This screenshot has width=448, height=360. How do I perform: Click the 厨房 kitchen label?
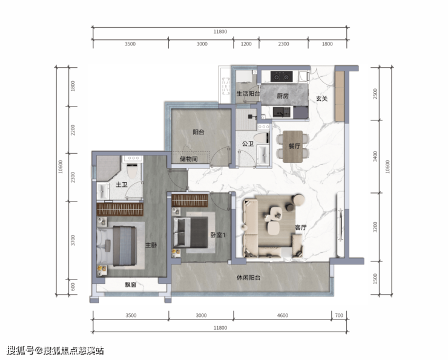pyautogui.click(x=283, y=96)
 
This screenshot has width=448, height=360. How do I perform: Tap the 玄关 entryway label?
pyautogui.click(x=321, y=99)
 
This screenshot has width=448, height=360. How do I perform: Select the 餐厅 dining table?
pyautogui.click(x=292, y=146)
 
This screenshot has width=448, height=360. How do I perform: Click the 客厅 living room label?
pyautogui.click(x=301, y=227)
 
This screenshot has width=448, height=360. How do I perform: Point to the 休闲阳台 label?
pyautogui.click(x=249, y=278)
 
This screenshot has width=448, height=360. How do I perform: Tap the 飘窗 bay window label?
pyautogui.click(x=131, y=284)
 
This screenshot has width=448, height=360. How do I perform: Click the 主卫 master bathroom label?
pyautogui.click(x=122, y=185)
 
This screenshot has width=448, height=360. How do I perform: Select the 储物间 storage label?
pyautogui.click(x=188, y=159)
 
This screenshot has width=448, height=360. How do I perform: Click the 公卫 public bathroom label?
pyautogui.click(x=248, y=143)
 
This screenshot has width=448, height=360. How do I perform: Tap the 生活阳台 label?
pyautogui.click(x=248, y=93)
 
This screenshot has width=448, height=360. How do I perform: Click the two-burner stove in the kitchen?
pyautogui.click(x=282, y=76)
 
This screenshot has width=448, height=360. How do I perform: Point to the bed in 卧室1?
pyautogui.click(x=191, y=232)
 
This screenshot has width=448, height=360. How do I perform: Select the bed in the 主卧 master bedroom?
pyautogui.click(x=117, y=246)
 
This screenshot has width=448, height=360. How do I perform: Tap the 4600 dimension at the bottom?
pyautogui.click(x=283, y=315)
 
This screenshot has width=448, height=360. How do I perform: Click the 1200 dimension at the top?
pyautogui.click(x=246, y=44)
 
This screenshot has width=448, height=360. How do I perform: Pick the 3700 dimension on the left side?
pyautogui.click(x=73, y=240)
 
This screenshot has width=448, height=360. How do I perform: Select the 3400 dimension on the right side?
pyautogui.click(x=375, y=157)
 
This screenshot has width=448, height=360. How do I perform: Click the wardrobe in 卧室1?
pyautogui.click(x=189, y=200)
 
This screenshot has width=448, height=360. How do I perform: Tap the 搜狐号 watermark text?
pyautogui.click(x=21, y=350)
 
